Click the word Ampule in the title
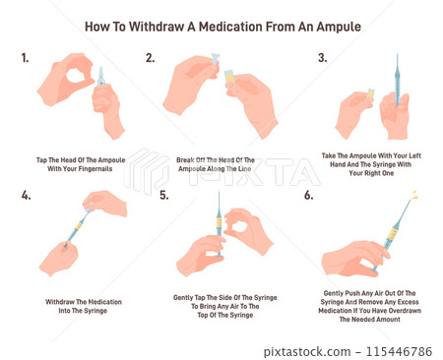coord(339,28)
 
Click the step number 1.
coord(25,58)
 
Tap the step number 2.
coord(150,58)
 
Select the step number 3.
coord(322,58)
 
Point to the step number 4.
coord(26,196)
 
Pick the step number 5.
coord(164,196)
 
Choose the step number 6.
coord(308,196)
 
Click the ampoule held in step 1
coord(101,78)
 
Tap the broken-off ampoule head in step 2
coord(216,60)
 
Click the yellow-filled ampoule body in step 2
coord(229,79)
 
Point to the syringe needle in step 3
coord(397,65)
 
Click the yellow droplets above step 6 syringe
coord(414,195)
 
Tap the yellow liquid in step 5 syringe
coord(219,223)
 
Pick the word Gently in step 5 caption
coord(183,298)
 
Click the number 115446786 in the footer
coord(399,352)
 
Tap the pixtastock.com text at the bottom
coord(307,352)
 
